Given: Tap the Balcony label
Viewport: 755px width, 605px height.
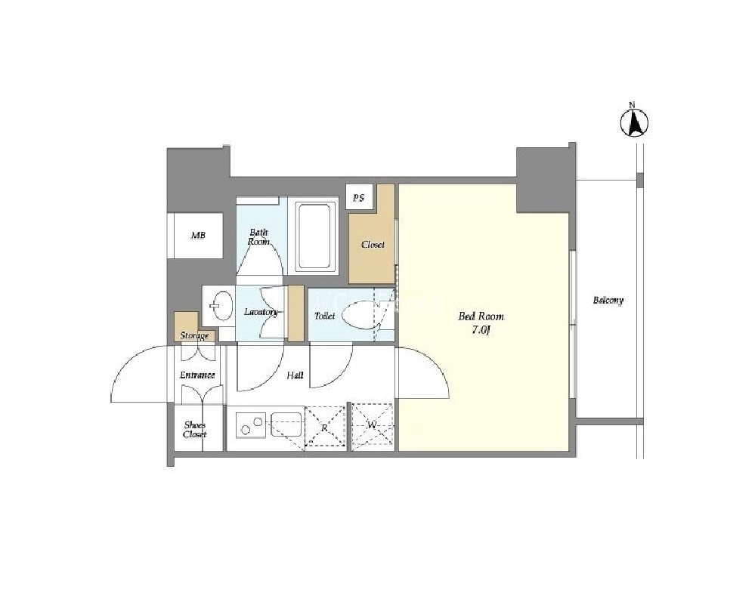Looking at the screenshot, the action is coord(608,301).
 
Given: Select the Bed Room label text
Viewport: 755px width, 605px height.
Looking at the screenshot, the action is coord(481,316).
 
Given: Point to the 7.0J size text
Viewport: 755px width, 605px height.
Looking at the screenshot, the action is coord(481,330).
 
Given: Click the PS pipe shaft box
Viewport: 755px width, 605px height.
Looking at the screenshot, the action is coord(359,197).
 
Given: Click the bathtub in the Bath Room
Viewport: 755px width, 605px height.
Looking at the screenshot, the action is coord(315,236).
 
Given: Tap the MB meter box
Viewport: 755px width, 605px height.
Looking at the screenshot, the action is coord(198,236).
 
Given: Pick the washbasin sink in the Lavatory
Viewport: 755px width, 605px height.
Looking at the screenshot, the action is coord(222,306).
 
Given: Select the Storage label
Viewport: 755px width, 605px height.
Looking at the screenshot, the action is coord(194,335).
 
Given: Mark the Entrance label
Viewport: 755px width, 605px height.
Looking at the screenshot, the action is coord(197,375).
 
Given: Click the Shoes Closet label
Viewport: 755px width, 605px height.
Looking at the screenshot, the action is coord(195,429).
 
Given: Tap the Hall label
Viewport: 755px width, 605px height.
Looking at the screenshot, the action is coord(296,375).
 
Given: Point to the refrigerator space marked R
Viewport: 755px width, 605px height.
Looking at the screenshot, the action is coord(325,427).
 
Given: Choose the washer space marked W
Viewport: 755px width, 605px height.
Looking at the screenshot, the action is coord(373,425).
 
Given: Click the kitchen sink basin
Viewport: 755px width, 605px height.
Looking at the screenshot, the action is coord(287,424).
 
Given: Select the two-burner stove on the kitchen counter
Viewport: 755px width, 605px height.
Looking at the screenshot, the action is coord(251,425).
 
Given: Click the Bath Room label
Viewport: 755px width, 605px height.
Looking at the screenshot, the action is coord(258,237).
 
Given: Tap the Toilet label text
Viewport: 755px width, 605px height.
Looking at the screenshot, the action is coord(324,316).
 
